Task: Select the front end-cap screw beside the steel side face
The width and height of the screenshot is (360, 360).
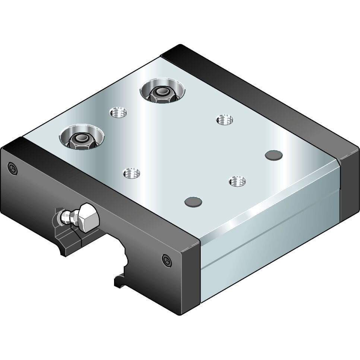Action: pyautogui.click(x=167, y=260)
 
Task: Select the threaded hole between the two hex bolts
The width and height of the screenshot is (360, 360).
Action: pyautogui.click(x=118, y=112)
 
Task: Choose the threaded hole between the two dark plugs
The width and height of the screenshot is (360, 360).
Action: pyautogui.click(x=237, y=181)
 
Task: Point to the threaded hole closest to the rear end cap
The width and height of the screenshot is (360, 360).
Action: pyautogui.click(x=225, y=120)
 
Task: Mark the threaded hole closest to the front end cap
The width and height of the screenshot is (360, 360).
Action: pyautogui.click(x=131, y=173)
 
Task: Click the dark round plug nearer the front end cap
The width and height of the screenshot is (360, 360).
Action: pyautogui.click(x=193, y=202)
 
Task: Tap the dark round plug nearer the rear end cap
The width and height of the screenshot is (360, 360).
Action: pyautogui.click(x=274, y=155)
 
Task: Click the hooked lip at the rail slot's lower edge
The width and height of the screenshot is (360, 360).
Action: pyautogui.click(x=120, y=280)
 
